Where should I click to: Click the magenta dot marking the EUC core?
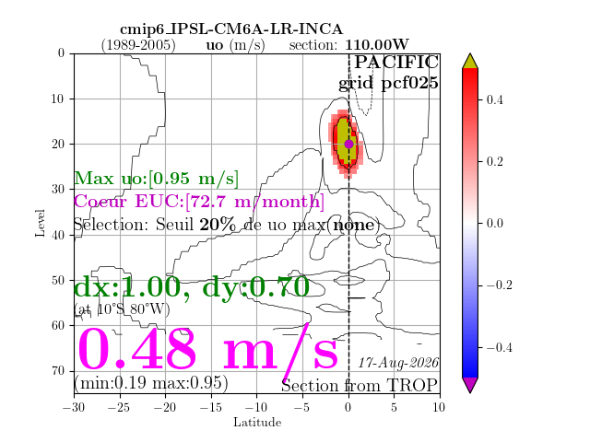[348, 144]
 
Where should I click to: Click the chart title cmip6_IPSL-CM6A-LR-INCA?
[231, 29]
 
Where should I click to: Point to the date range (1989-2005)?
[138, 45]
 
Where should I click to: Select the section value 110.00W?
[377, 45]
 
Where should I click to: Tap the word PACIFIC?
[396, 62]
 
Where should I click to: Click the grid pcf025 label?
[388, 83]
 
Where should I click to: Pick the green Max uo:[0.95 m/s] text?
[156, 178]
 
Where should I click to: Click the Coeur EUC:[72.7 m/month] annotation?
[199, 202]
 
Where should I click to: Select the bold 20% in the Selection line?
[218, 225]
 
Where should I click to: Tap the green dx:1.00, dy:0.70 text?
[192, 287]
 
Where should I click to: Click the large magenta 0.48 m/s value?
[207, 349]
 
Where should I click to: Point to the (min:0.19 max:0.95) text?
[151, 383]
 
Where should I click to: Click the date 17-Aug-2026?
[398, 363]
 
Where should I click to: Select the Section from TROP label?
[360, 386]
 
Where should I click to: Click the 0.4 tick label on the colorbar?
[494, 99]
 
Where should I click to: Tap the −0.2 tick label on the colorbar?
[500, 285]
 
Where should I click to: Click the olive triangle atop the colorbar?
[470, 62]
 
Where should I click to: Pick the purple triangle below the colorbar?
[470, 385]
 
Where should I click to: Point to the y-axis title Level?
[40, 223]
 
